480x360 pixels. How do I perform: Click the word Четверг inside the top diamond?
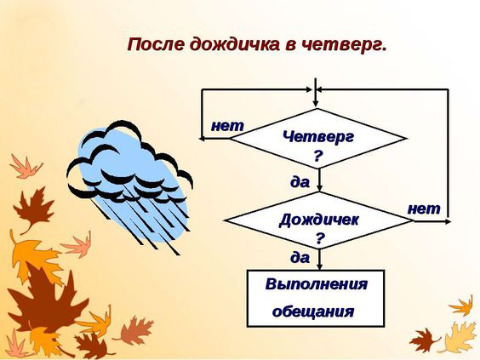[x=318, y=136]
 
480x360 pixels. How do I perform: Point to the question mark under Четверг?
[x=317, y=156]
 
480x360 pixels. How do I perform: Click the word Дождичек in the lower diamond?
[x=318, y=220]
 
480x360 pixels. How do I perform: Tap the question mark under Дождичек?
[x=320, y=237]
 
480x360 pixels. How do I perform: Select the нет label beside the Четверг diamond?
[x=227, y=126]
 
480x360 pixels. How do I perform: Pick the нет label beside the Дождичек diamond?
[x=424, y=209]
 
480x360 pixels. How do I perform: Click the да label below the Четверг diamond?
[x=300, y=182]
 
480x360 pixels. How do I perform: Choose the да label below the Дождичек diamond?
[x=300, y=258]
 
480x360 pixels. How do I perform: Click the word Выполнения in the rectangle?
[x=317, y=283]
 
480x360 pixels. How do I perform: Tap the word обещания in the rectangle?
[x=313, y=311]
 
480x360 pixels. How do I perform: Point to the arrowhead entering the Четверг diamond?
[x=315, y=104]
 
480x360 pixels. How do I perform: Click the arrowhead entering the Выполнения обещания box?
[x=319, y=266]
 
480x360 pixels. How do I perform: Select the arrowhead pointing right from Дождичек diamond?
[x=448, y=221]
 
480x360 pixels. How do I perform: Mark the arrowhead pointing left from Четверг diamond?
[x=203, y=139]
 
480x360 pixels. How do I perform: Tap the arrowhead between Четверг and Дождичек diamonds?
[x=319, y=188]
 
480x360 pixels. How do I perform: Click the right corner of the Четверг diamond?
[x=406, y=139]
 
